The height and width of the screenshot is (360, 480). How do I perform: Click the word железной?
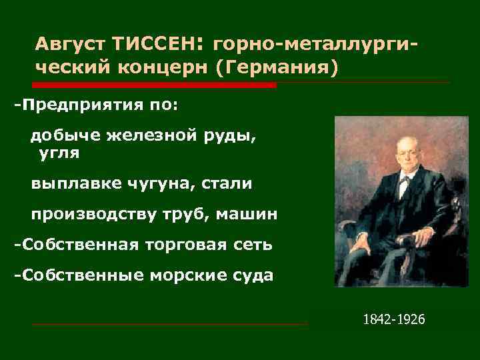pyautogui.click(x=146, y=135)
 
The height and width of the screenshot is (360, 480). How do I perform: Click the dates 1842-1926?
pyautogui.click(x=393, y=319)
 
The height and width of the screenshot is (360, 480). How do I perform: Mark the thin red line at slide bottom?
pyautogui.click(x=170, y=325)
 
